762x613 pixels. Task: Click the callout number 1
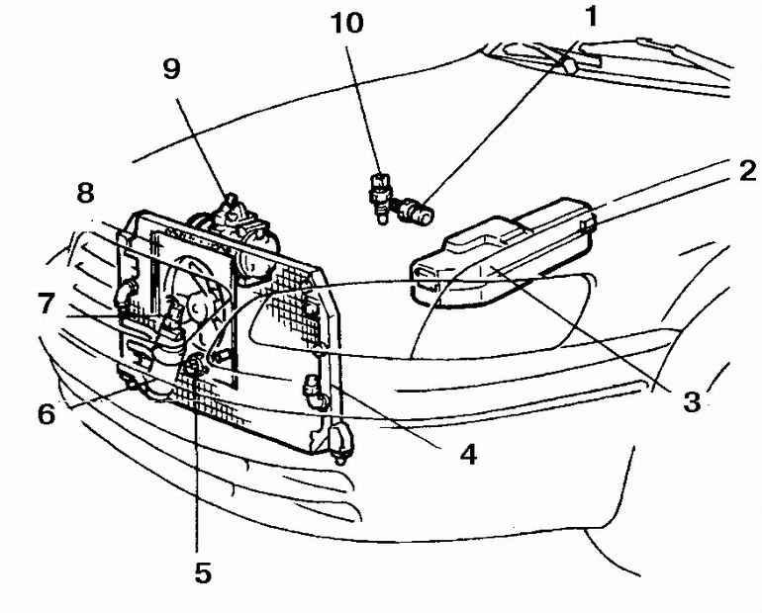(x=591, y=17)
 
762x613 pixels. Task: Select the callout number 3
(x=692, y=401)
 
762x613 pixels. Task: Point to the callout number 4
(x=468, y=455)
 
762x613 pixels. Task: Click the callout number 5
(x=203, y=572)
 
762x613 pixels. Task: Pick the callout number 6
(x=47, y=414)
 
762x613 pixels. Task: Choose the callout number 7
(x=46, y=304)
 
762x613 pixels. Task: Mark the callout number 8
(x=85, y=193)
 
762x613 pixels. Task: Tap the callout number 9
(x=171, y=69)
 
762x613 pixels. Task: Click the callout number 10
(x=346, y=23)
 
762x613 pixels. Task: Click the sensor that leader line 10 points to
(x=380, y=198)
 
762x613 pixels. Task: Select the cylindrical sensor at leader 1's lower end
(x=416, y=212)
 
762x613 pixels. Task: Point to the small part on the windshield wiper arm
(x=569, y=64)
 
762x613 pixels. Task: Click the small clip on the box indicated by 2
(x=588, y=224)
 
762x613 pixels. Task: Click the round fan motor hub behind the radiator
(x=197, y=306)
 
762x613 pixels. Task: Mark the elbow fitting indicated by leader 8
(x=124, y=293)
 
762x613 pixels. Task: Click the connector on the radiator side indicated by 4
(x=316, y=391)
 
